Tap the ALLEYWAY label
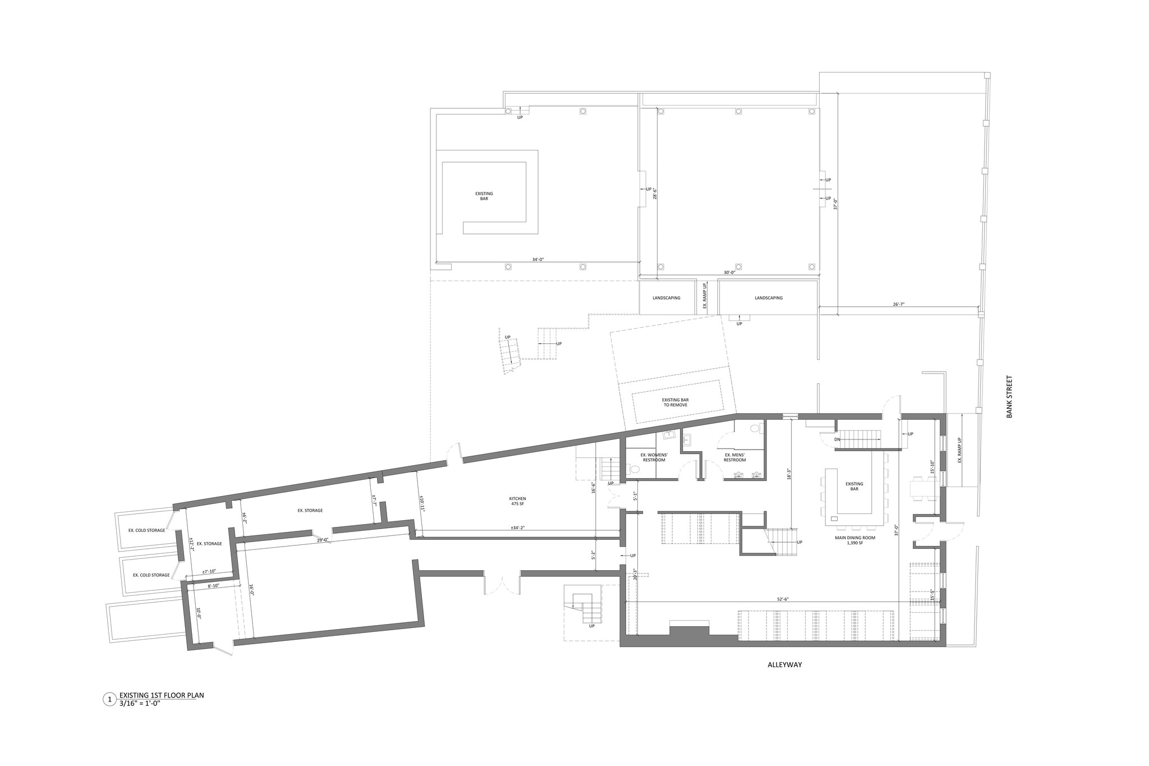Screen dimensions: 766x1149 (785, 665)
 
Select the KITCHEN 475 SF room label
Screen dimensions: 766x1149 (517, 501)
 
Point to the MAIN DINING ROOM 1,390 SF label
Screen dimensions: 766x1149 (857, 540)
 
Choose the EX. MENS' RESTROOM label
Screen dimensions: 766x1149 (734, 457)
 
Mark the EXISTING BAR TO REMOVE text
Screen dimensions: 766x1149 (675, 402)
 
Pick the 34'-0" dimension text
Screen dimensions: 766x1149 (537, 260)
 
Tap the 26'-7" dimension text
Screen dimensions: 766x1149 (898, 304)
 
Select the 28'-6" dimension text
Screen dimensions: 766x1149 (654, 194)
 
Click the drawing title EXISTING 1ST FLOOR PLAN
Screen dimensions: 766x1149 (162, 695)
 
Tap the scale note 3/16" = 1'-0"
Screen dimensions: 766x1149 (140, 703)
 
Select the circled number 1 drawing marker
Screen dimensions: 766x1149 (109, 699)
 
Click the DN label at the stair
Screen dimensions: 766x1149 (837, 439)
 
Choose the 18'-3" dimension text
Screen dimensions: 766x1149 (789, 474)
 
